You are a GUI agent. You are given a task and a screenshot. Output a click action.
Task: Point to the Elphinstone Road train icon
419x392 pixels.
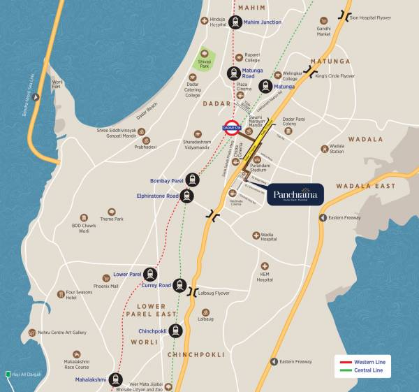[x=187, y=196]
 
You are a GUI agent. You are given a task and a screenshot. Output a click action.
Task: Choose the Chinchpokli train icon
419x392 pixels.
[x=175, y=331]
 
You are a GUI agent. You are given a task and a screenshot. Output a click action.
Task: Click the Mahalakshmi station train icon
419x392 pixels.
[x=117, y=380]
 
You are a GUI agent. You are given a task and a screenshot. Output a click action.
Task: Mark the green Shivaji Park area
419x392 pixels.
[x=205, y=59]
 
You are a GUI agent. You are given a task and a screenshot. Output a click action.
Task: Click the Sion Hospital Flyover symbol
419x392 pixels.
[x=344, y=14]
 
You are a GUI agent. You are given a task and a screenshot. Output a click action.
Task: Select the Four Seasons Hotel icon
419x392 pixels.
[x=61, y=293]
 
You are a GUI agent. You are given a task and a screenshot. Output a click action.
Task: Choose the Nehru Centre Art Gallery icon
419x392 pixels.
[x=29, y=333]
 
